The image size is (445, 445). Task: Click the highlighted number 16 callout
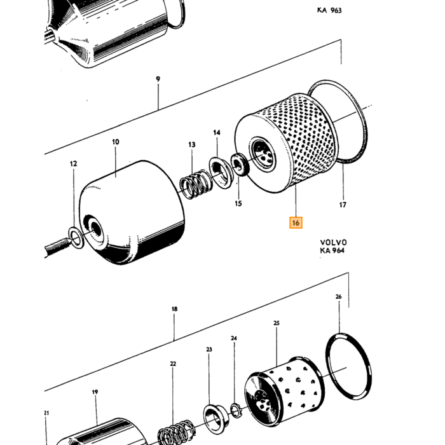point(296,222)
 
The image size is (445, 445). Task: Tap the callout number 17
point(343,205)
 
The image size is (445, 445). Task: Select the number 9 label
point(158,79)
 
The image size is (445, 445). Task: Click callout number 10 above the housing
point(116,142)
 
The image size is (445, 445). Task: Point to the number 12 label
point(73,164)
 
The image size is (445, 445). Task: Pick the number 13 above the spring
point(192,145)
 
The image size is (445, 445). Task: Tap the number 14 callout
point(217,132)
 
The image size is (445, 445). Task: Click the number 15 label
point(238,203)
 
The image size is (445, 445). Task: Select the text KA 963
point(329,11)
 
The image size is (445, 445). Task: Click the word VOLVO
point(334,243)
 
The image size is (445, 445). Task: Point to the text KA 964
point(332,250)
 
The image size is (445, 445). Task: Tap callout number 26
point(339,297)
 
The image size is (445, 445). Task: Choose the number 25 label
point(277,323)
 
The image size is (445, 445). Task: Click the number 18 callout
point(175,309)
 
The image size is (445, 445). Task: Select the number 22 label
point(173,364)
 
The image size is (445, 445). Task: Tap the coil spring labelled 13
point(195,185)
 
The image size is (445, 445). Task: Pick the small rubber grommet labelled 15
point(240,164)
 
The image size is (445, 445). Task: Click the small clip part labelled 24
point(236,411)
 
